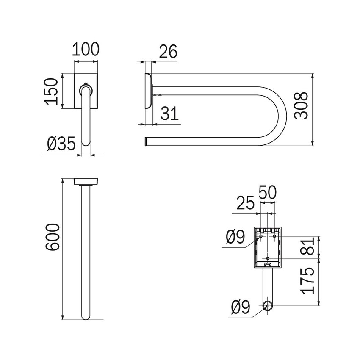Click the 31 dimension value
[169, 114]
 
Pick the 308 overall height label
[301, 106]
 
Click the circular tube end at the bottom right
[267, 306]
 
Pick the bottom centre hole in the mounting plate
[268, 258]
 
